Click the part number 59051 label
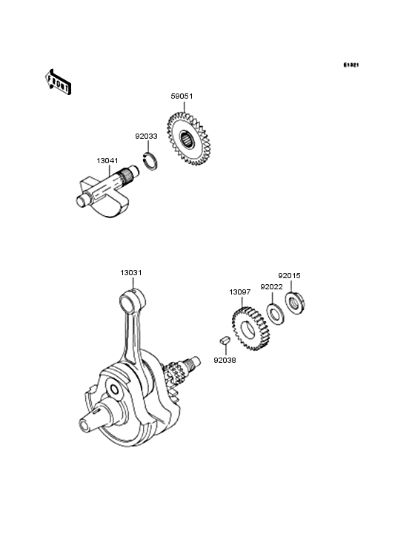click(x=182, y=96)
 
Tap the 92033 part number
click(x=146, y=136)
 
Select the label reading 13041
click(x=107, y=161)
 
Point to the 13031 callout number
click(x=131, y=273)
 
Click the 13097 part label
click(x=240, y=292)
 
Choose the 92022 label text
click(x=271, y=287)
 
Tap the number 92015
click(x=290, y=276)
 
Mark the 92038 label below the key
click(x=225, y=361)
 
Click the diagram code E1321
click(x=351, y=65)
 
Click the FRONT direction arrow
click(x=58, y=82)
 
